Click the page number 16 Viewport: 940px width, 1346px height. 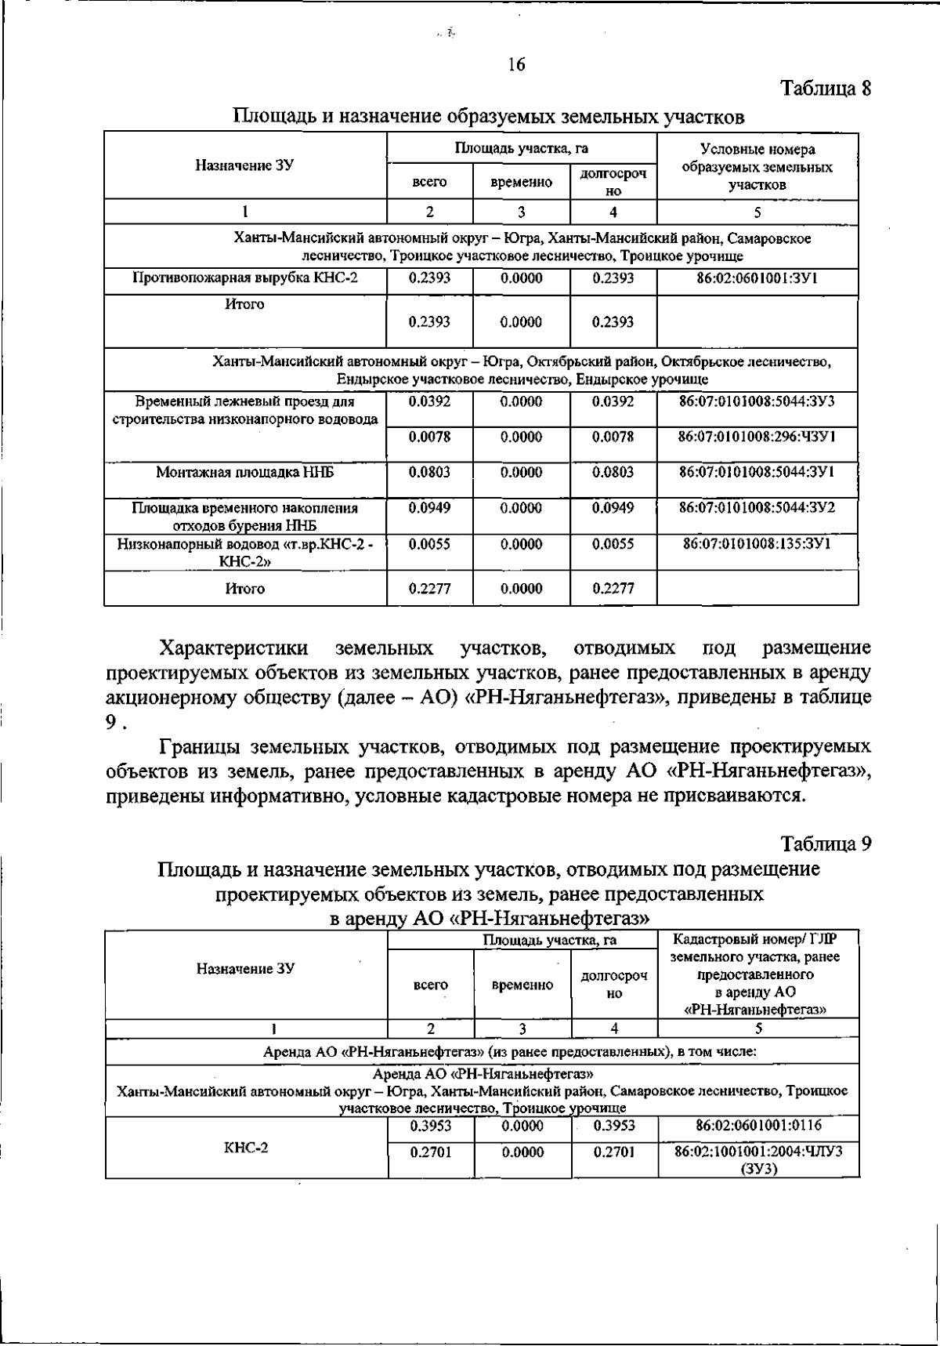point(515,65)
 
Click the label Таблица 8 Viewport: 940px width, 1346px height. point(826,88)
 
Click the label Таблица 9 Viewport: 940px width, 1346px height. point(826,844)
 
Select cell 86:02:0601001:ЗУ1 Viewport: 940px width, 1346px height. point(757,278)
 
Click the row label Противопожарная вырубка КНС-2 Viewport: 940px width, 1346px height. point(245,278)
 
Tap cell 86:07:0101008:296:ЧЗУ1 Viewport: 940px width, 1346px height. point(757,437)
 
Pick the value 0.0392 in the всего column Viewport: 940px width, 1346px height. point(429,401)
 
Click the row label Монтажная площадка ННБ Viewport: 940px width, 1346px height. point(245,472)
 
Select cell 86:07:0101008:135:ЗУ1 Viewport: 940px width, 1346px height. point(757,544)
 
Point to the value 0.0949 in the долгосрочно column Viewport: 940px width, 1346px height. point(613,508)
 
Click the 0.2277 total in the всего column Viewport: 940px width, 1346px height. point(429,589)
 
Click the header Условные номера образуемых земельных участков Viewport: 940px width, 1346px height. point(757,167)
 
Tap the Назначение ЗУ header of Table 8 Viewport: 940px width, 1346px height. point(245,165)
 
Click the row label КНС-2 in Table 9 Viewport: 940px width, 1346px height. point(246,1148)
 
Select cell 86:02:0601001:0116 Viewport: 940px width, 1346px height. point(758,1126)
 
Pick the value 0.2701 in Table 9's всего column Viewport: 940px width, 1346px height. point(430,1152)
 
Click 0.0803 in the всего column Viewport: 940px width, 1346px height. point(429,472)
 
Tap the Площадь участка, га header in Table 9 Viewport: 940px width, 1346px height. point(522,939)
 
